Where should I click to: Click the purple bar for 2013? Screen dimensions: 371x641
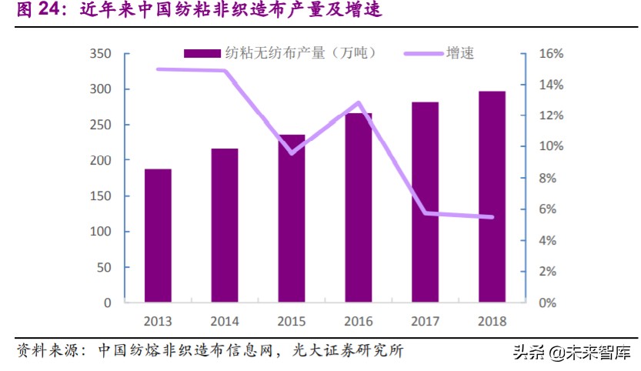click(158, 236)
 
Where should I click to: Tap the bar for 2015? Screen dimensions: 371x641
click(292, 219)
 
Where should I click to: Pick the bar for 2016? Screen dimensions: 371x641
click(359, 208)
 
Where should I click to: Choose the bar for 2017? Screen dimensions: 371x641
click(425, 202)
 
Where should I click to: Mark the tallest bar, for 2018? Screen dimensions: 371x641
click(492, 197)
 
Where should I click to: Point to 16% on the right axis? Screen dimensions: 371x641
click(552, 54)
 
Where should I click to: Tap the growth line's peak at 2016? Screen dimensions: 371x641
click(359, 102)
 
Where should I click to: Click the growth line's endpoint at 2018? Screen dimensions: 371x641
click(492, 217)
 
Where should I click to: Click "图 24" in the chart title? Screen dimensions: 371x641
click(37, 11)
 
